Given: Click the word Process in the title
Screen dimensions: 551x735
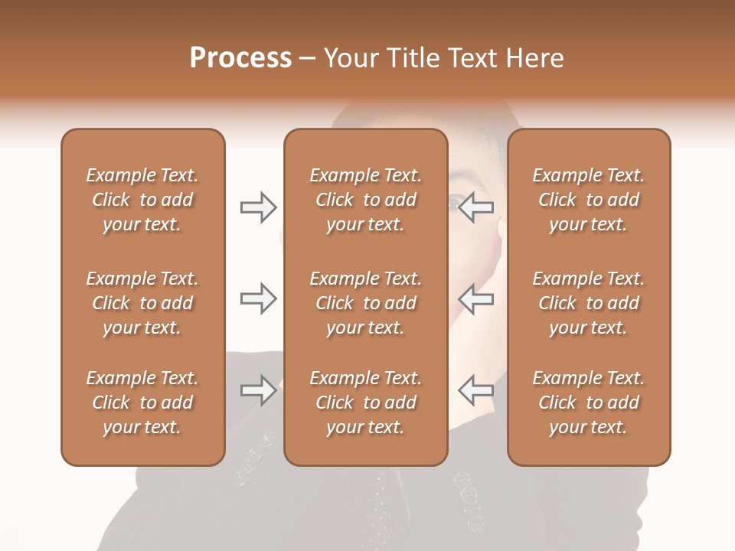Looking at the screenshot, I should pos(240,58).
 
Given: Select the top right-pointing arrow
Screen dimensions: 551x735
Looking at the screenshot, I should pos(258,207).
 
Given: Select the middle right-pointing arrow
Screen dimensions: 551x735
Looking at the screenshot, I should pos(258,298).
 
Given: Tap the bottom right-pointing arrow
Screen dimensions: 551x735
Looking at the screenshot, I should pos(258,390).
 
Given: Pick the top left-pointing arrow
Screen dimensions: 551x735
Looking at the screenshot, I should pos(475,207).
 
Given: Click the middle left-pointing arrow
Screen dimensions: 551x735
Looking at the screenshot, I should pos(475,298).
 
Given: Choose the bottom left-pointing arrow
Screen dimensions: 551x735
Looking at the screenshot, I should pos(475,390).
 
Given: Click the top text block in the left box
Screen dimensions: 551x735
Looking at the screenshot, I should pos(142,200).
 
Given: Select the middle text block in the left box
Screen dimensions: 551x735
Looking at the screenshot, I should pos(142,303).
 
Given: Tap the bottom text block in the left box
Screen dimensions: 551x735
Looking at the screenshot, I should pos(142,403).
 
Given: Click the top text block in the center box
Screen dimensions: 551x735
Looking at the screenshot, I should pos(365,200).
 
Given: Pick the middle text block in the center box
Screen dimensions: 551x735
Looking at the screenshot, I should pos(365,303).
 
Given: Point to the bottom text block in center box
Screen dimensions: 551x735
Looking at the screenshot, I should pos(365,403).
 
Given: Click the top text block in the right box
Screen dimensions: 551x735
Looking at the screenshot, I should pos(588,200).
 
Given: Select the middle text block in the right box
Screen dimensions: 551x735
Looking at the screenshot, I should pos(588,303).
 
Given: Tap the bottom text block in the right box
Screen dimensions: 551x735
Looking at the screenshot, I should pos(588,403).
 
